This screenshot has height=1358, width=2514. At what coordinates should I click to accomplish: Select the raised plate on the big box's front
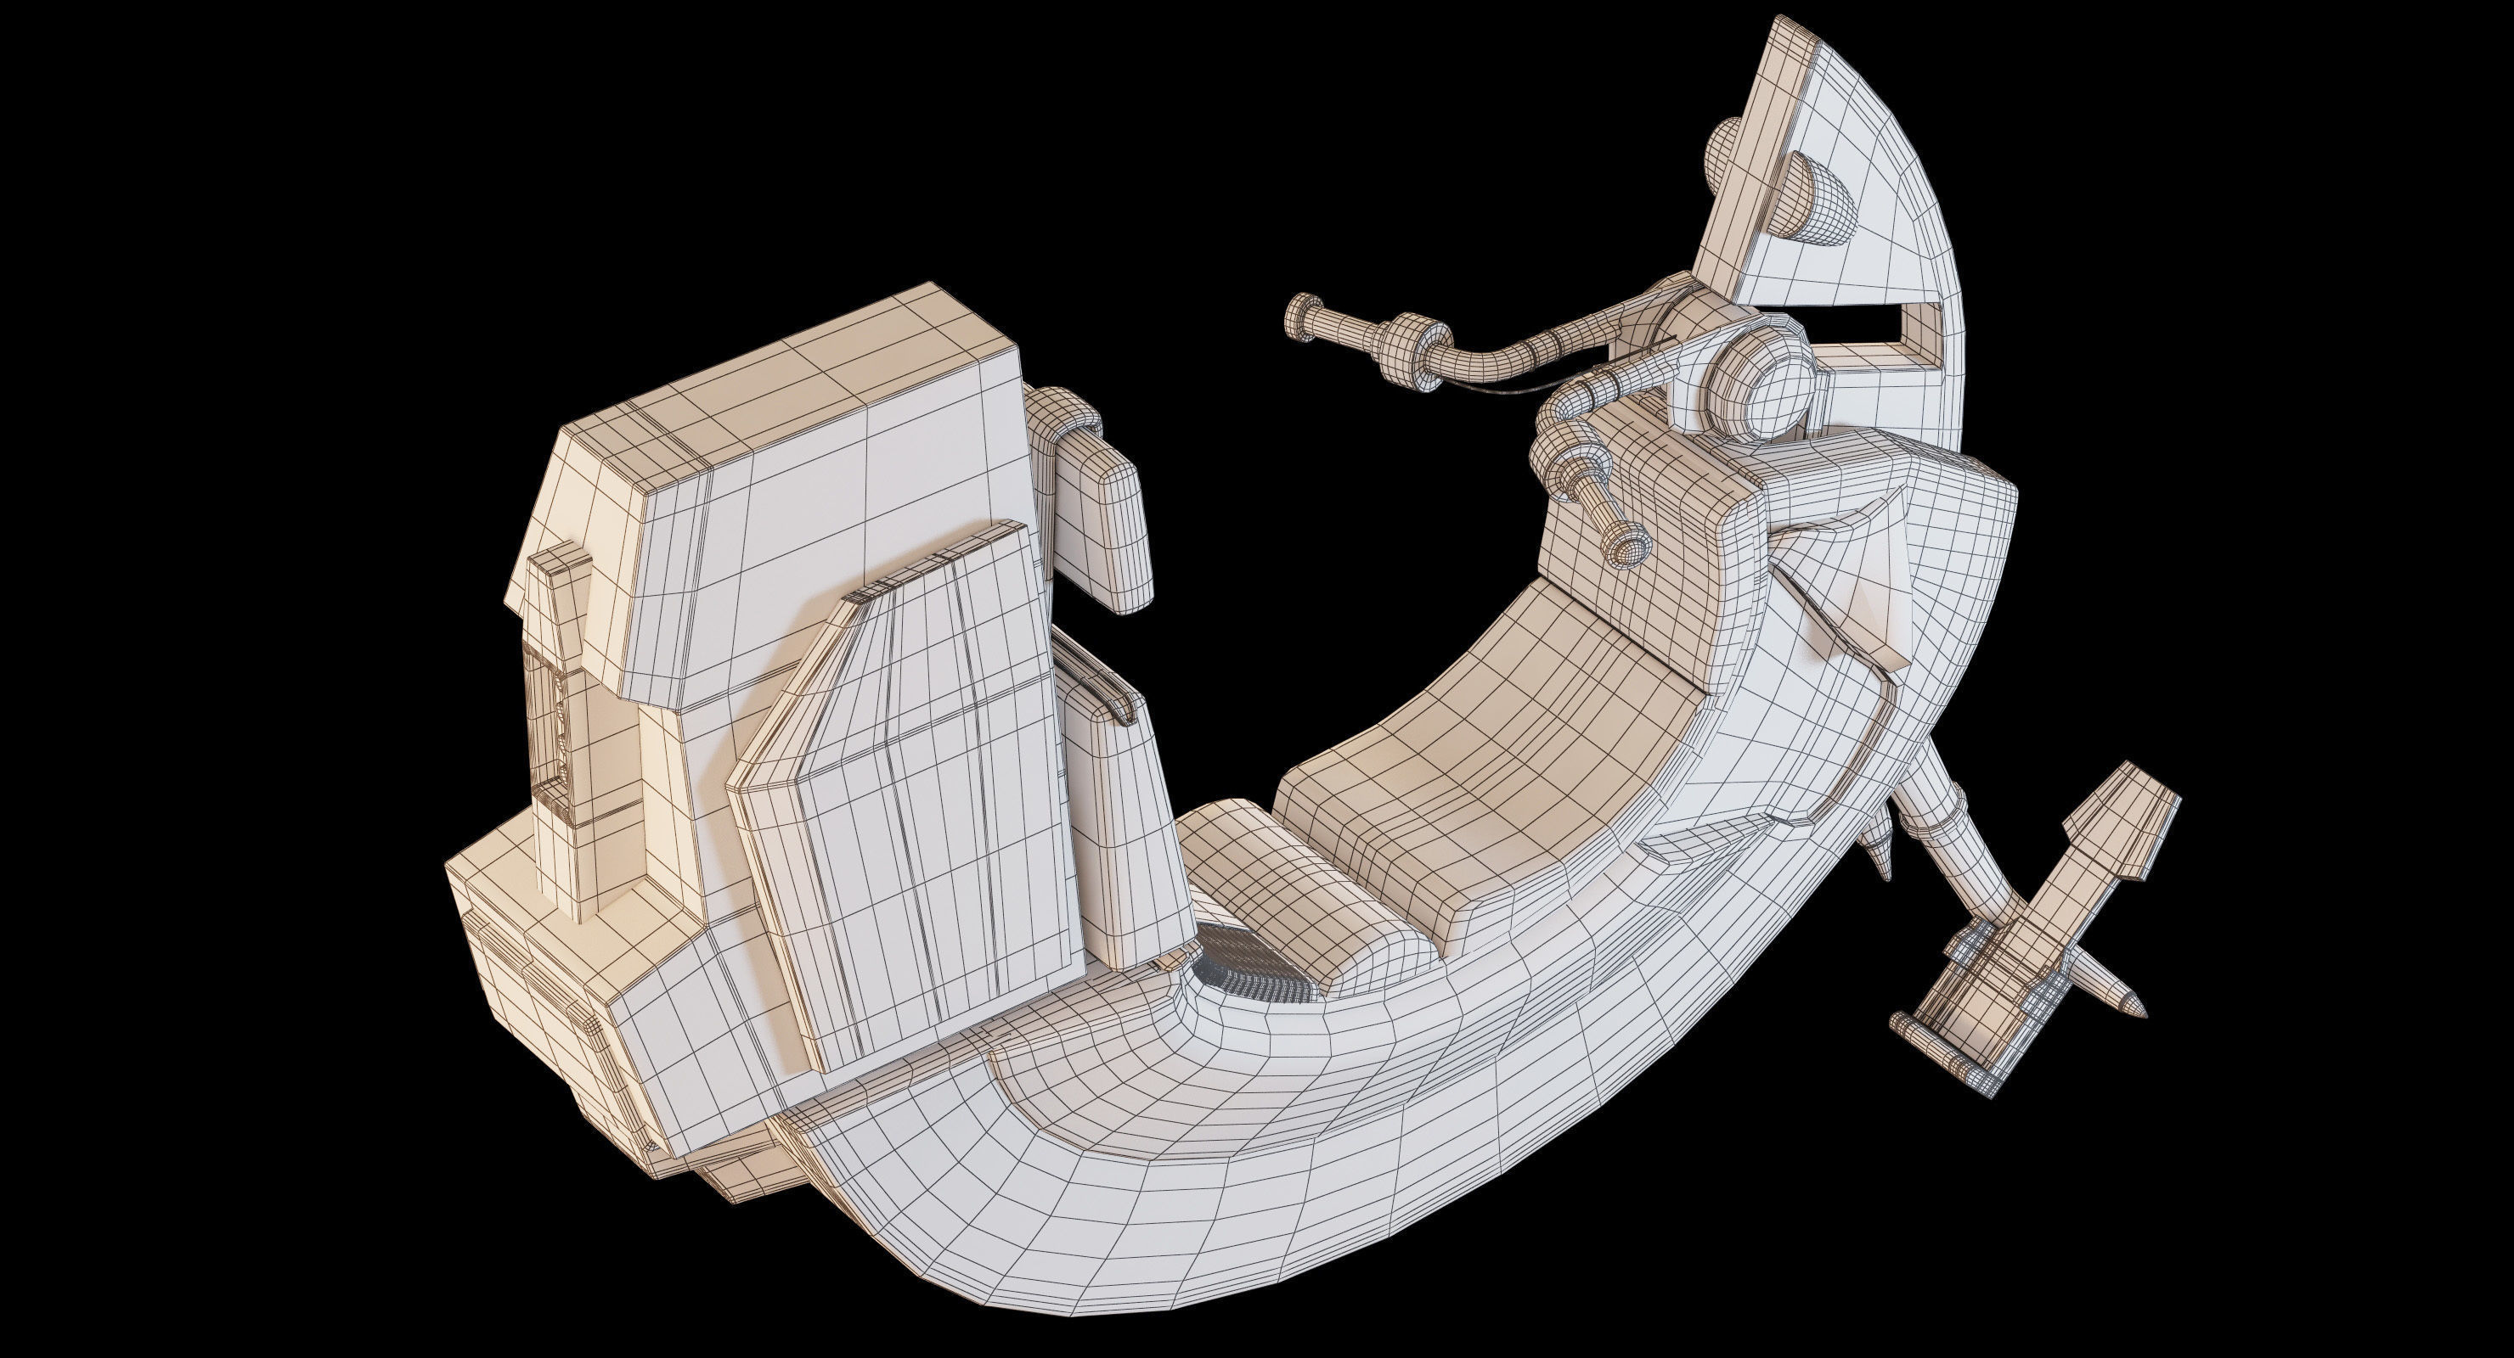point(908,790)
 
